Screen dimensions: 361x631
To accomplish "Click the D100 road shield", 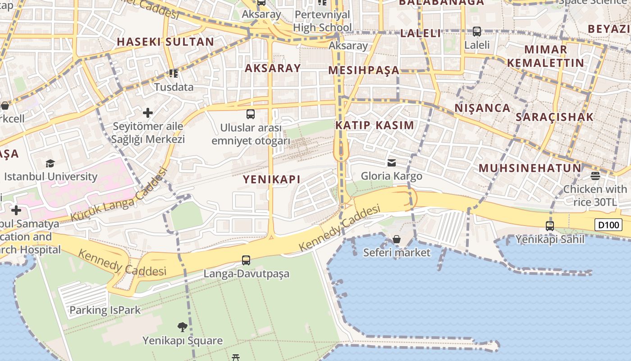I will point(608,224).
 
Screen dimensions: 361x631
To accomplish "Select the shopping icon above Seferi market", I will point(397,239).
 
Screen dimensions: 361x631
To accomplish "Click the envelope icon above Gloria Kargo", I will point(392,162).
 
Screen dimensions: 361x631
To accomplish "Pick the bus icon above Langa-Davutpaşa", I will point(246,260).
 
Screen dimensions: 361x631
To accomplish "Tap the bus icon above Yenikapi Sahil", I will point(550,226).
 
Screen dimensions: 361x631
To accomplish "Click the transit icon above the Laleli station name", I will point(477,32).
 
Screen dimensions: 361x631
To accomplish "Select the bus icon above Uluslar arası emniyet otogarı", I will point(251,114).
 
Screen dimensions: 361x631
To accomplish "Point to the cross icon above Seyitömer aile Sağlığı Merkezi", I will point(148,112).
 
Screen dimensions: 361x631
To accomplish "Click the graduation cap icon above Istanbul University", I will point(50,163).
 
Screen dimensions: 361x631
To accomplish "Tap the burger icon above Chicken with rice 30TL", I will point(595,176).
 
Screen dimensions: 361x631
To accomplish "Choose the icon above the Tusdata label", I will point(174,73).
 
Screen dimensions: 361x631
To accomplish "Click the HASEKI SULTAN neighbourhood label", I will point(165,42).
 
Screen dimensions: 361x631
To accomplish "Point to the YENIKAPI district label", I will point(272,179).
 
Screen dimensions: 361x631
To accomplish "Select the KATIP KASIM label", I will point(375,125).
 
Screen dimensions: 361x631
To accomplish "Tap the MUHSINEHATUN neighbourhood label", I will point(530,168).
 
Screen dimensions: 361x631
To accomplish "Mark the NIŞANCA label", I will point(482,108).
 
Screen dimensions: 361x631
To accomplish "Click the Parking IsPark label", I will point(105,310).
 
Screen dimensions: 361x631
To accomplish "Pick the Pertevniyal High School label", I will point(322,21).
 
